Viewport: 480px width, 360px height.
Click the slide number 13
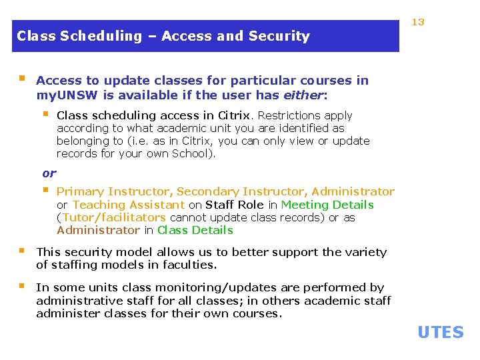click(x=418, y=22)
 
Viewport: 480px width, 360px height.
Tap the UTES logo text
click(x=440, y=332)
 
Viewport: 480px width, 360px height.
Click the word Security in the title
click(x=283, y=36)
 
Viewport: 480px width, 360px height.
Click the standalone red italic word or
click(x=49, y=173)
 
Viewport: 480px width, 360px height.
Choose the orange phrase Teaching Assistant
click(x=128, y=205)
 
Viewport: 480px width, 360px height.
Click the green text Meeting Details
click(x=327, y=205)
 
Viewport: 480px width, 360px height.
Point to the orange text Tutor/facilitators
click(x=114, y=217)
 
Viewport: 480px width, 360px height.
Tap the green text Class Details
click(x=195, y=230)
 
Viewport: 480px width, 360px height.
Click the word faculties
click(x=185, y=265)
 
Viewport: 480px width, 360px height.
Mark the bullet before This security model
click(x=23, y=251)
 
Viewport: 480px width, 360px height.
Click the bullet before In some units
click(x=23, y=287)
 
